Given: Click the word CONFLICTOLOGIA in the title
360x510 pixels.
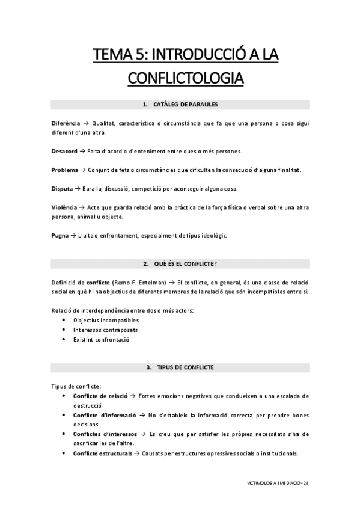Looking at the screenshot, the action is [180, 78].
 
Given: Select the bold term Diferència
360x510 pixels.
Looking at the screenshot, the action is [65, 123].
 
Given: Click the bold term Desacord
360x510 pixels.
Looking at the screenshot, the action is [64, 151].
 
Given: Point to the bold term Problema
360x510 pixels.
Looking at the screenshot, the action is [64, 170].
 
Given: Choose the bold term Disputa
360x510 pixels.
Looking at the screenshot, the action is [62, 189].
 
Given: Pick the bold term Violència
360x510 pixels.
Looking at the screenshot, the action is [64, 207].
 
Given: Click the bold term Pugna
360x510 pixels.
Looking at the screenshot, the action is [59, 235].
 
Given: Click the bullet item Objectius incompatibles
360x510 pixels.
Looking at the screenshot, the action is [102, 320].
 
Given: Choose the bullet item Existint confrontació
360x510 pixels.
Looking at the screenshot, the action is [101, 339].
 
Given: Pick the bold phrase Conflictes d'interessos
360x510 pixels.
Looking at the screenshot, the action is [106, 434].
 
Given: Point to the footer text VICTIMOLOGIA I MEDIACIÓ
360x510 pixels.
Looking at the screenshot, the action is [272, 482].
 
